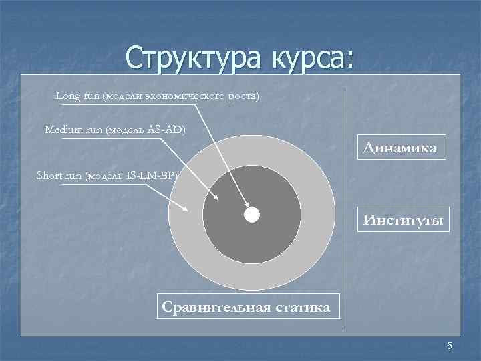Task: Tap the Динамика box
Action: [399, 148]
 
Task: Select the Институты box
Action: [403, 219]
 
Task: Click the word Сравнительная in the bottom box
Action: [214, 307]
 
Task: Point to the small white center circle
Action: [251, 215]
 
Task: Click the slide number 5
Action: [450, 346]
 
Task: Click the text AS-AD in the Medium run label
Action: [164, 128]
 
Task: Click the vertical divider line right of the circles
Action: [343, 201]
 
